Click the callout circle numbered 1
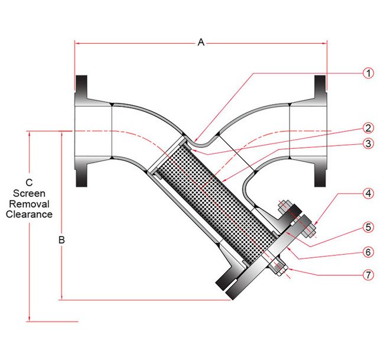click(x=368, y=73)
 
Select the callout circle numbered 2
click(x=368, y=128)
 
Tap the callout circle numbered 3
click(x=368, y=144)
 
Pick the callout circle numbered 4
click(x=368, y=193)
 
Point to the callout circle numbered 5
click(x=368, y=226)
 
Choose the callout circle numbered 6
click(x=368, y=251)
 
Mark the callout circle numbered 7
click(x=368, y=275)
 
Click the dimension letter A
click(x=201, y=42)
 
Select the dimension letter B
click(x=61, y=241)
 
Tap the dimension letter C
click(x=29, y=183)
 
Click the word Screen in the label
click(x=29, y=193)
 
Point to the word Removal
click(x=29, y=204)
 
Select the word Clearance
click(x=29, y=215)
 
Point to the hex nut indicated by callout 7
click(x=276, y=267)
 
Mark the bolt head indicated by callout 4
click(x=307, y=223)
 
